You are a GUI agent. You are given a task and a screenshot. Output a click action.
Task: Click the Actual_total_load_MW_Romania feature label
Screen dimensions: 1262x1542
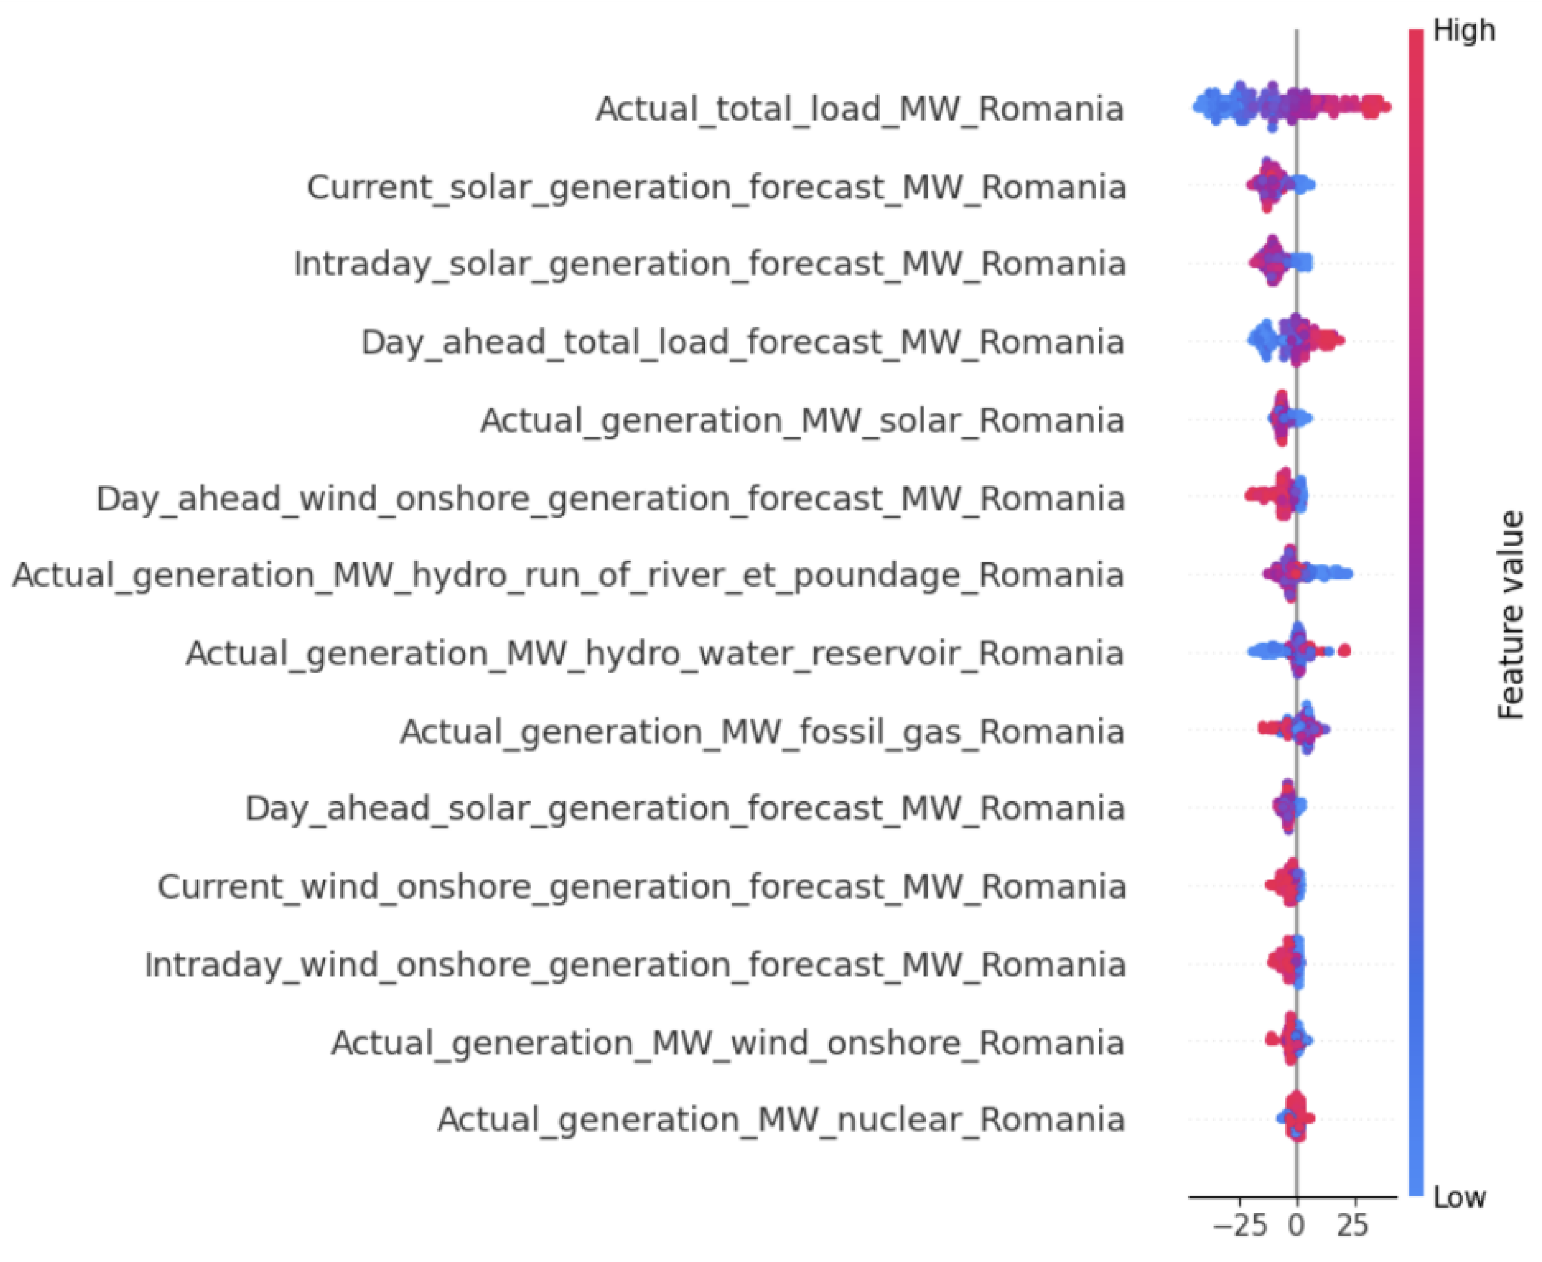coord(860,110)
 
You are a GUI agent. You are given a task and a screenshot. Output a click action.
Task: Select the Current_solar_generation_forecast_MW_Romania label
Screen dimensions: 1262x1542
coord(716,187)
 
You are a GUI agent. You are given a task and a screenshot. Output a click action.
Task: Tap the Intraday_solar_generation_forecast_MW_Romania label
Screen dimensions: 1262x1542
coord(709,264)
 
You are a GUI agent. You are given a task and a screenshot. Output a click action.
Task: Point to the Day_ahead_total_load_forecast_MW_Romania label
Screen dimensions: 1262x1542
coord(742,342)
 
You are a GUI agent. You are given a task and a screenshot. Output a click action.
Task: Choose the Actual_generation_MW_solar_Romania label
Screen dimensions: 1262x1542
coord(803,421)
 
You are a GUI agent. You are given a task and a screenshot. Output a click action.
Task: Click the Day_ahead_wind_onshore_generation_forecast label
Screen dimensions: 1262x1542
coord(610,499)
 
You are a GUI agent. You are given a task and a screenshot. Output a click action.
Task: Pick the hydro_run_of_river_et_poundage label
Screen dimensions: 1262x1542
coord(568,576)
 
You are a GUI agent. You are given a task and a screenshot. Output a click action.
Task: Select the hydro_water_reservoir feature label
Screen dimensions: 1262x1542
coord(655,653)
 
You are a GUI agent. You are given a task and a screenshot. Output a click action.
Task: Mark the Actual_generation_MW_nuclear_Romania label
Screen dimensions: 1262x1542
coord(781,1120)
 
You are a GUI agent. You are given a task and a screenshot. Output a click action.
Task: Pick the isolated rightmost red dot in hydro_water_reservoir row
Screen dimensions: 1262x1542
coord(1344,650)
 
